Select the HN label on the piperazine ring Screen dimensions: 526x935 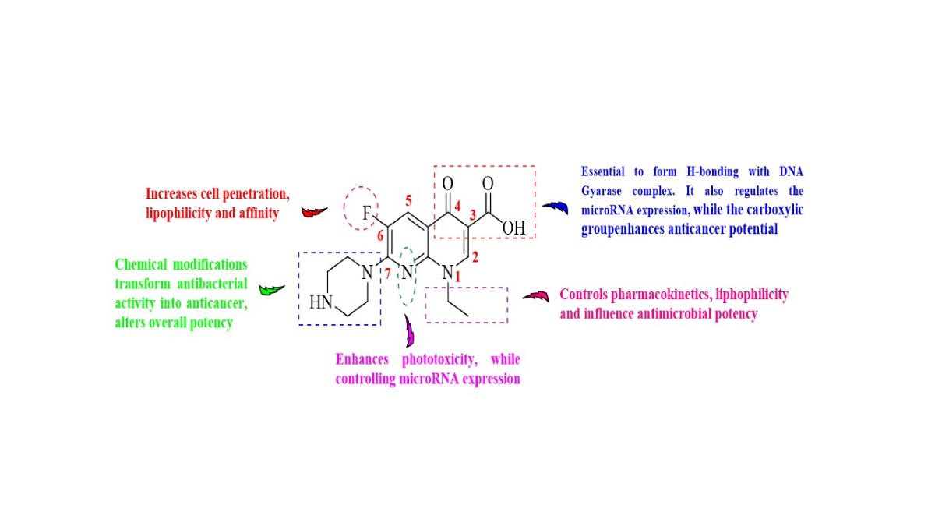[x=321, y=302]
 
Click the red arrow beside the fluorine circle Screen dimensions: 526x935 [x=314, y=210]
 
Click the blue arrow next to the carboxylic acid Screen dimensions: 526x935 [x=556, y=207]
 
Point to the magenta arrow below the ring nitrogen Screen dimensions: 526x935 [x=410, y=333]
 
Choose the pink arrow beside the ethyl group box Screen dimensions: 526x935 [x=535, y=295]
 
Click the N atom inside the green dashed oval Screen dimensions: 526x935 [x=406, y=273]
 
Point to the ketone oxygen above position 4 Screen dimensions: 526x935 [x=447, y=184]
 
